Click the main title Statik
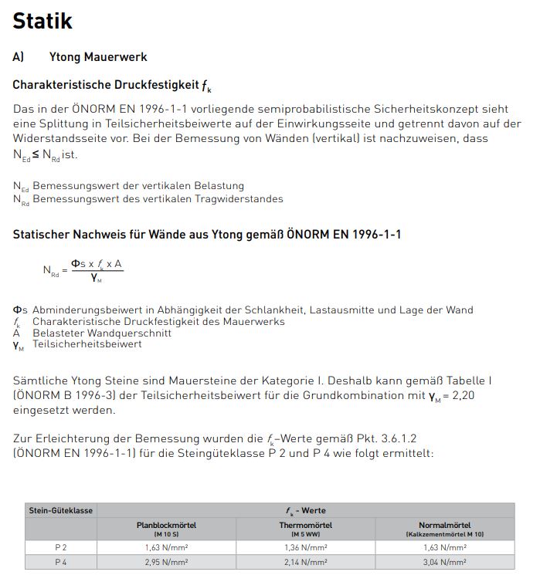(42, 21)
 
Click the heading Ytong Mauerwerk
(103, 57)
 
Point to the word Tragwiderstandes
(236, 199)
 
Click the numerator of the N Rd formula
(97, 265)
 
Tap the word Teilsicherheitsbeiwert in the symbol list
(87, 344)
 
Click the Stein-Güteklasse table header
(61, 510)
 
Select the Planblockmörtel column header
(166, 525)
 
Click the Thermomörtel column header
(305, 525)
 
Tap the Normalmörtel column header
(445, 525)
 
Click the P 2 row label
(61, 547)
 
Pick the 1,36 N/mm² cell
(305, 547)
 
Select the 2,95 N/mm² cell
(166, 562)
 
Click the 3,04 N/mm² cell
(445, 562)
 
